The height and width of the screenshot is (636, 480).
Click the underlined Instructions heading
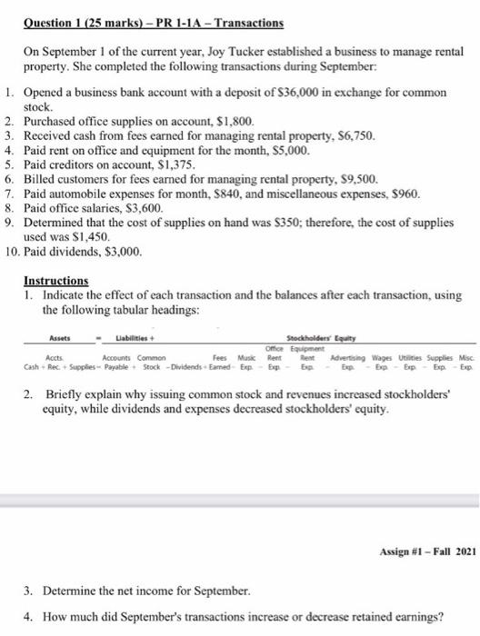click(x=56, y=257)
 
